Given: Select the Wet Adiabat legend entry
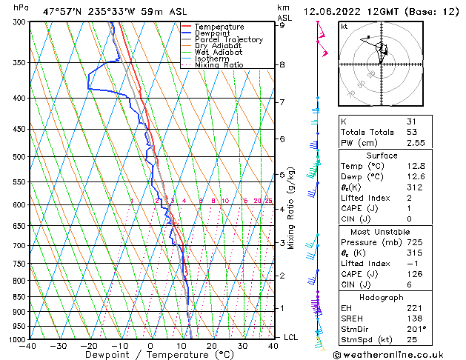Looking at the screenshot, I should pyautogui.click(x=218, y=53).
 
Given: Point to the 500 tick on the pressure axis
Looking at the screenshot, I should pyautogui.click(x=16, y=157).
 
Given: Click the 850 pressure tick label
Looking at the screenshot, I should pyautogui.click(x=16, y=296).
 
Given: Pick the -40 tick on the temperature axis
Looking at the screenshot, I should pyautogui.click(x=28, y=346).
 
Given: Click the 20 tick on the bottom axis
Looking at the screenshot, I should pyautogui.click(x=212, y=346).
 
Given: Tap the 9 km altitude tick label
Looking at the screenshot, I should pyautogui.click(x=282, y=25).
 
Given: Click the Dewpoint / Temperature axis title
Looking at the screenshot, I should pyautogui.click(x=150, y=355).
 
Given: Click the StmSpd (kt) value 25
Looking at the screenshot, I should pyautogui.click(x=411, y=339).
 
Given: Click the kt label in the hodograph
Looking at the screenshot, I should pyautogui.click(x=344, y=27).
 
